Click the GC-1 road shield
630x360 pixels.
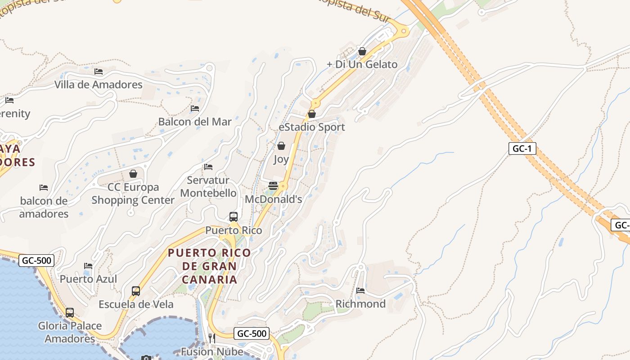click(x=522, y=148)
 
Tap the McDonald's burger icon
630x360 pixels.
click(x=273, y=186)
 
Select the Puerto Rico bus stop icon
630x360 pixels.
click(x=234, y=216)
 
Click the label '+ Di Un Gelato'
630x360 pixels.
click(x=362, y=64)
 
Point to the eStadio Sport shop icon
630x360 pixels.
click(x=311, y=114)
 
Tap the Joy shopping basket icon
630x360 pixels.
click(x=281, y=146)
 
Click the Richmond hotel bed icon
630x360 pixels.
click(x=360, y=290)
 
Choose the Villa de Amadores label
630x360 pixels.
click(x=99, y=85)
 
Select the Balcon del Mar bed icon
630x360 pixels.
click(x=195, y=108)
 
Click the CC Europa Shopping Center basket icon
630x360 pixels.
click(x=133, y=174)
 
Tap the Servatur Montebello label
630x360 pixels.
click(x=208, y=187)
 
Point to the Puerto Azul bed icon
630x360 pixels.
click(x=88, y=266)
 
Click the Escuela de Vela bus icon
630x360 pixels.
click(x=136, y=291)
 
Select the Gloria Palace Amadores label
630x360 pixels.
click(x=70, y=332)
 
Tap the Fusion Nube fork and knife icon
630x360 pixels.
click(x=211, y=338)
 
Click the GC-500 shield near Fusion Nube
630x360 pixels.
click(x=252, y=333)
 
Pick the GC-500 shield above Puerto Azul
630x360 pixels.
click(x=36, y=260)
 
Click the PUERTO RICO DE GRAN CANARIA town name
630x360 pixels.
click(x=209, y=266)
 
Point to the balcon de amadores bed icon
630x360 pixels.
click(x=44, y=187)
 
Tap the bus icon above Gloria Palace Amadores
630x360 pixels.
click(x=70, y=312)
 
